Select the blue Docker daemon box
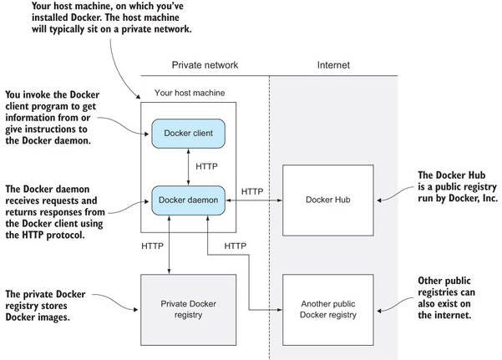(186, 199)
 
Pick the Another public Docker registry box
(327, 308)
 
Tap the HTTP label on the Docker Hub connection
(252, 192)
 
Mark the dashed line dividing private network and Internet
(269, 209)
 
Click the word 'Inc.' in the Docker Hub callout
(484, 200)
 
